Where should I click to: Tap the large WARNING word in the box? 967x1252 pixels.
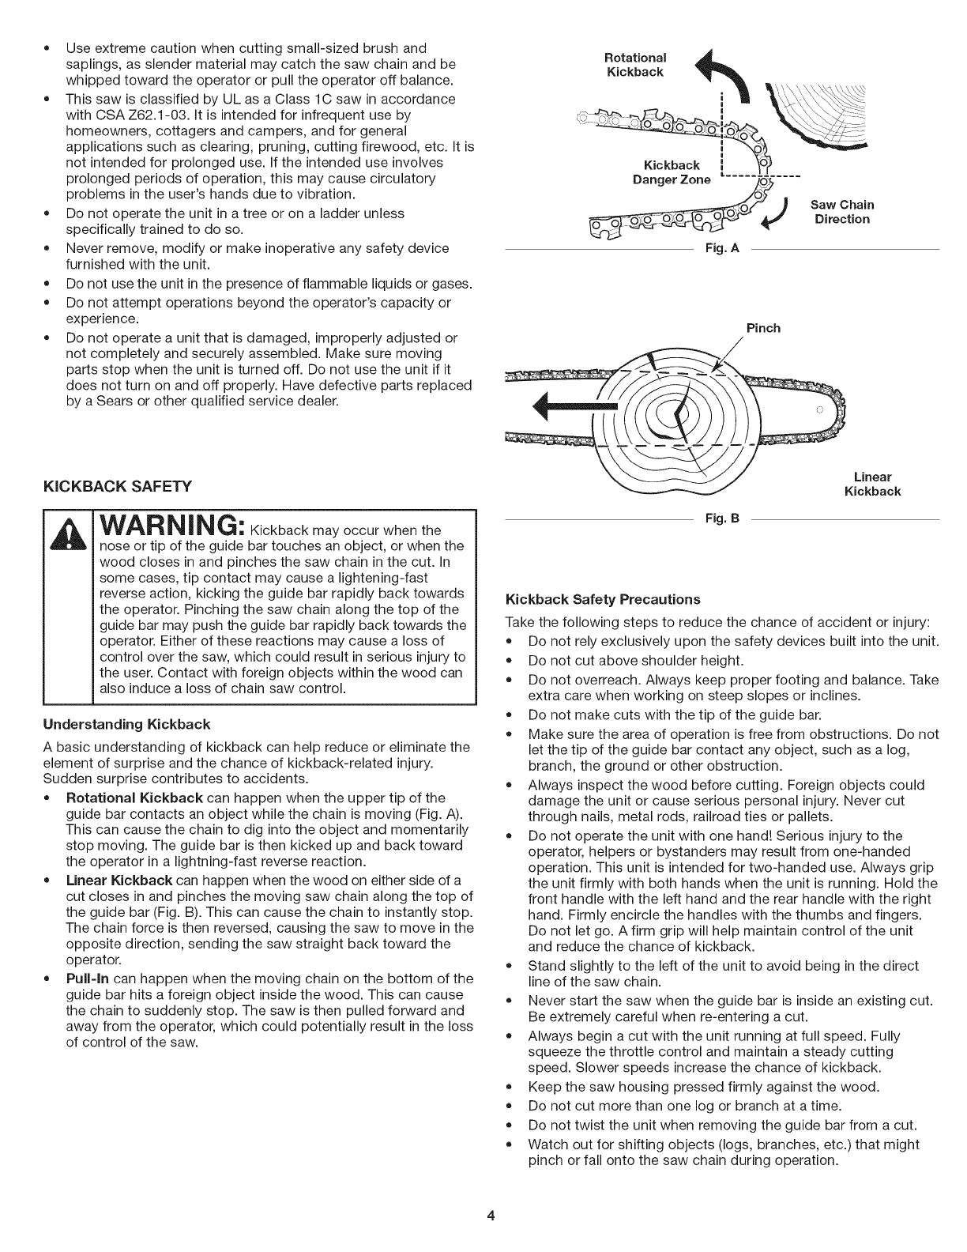pos(164,526)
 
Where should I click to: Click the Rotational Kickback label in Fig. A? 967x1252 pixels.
pos(635,65)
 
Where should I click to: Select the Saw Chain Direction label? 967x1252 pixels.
pos(842,212)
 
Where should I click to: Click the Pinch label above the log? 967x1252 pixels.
pos(762,327)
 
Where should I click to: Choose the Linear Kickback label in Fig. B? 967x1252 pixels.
pos(873,484)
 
